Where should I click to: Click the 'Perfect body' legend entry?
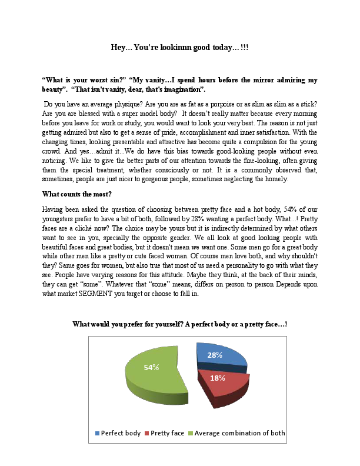tap(121, 433)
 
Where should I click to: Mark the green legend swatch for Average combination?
tap(191, 434)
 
